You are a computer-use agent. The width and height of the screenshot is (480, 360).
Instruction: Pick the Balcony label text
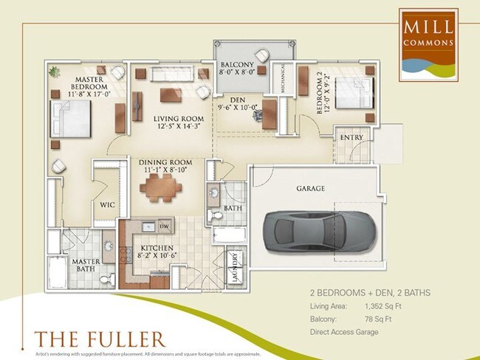pyautogui.click(x=237, y=65)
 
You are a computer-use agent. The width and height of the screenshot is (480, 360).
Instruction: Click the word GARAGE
pyautogui.click(x=311, y=189)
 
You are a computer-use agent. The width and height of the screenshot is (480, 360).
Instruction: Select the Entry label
pyautogui.click(x=351, y=138)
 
